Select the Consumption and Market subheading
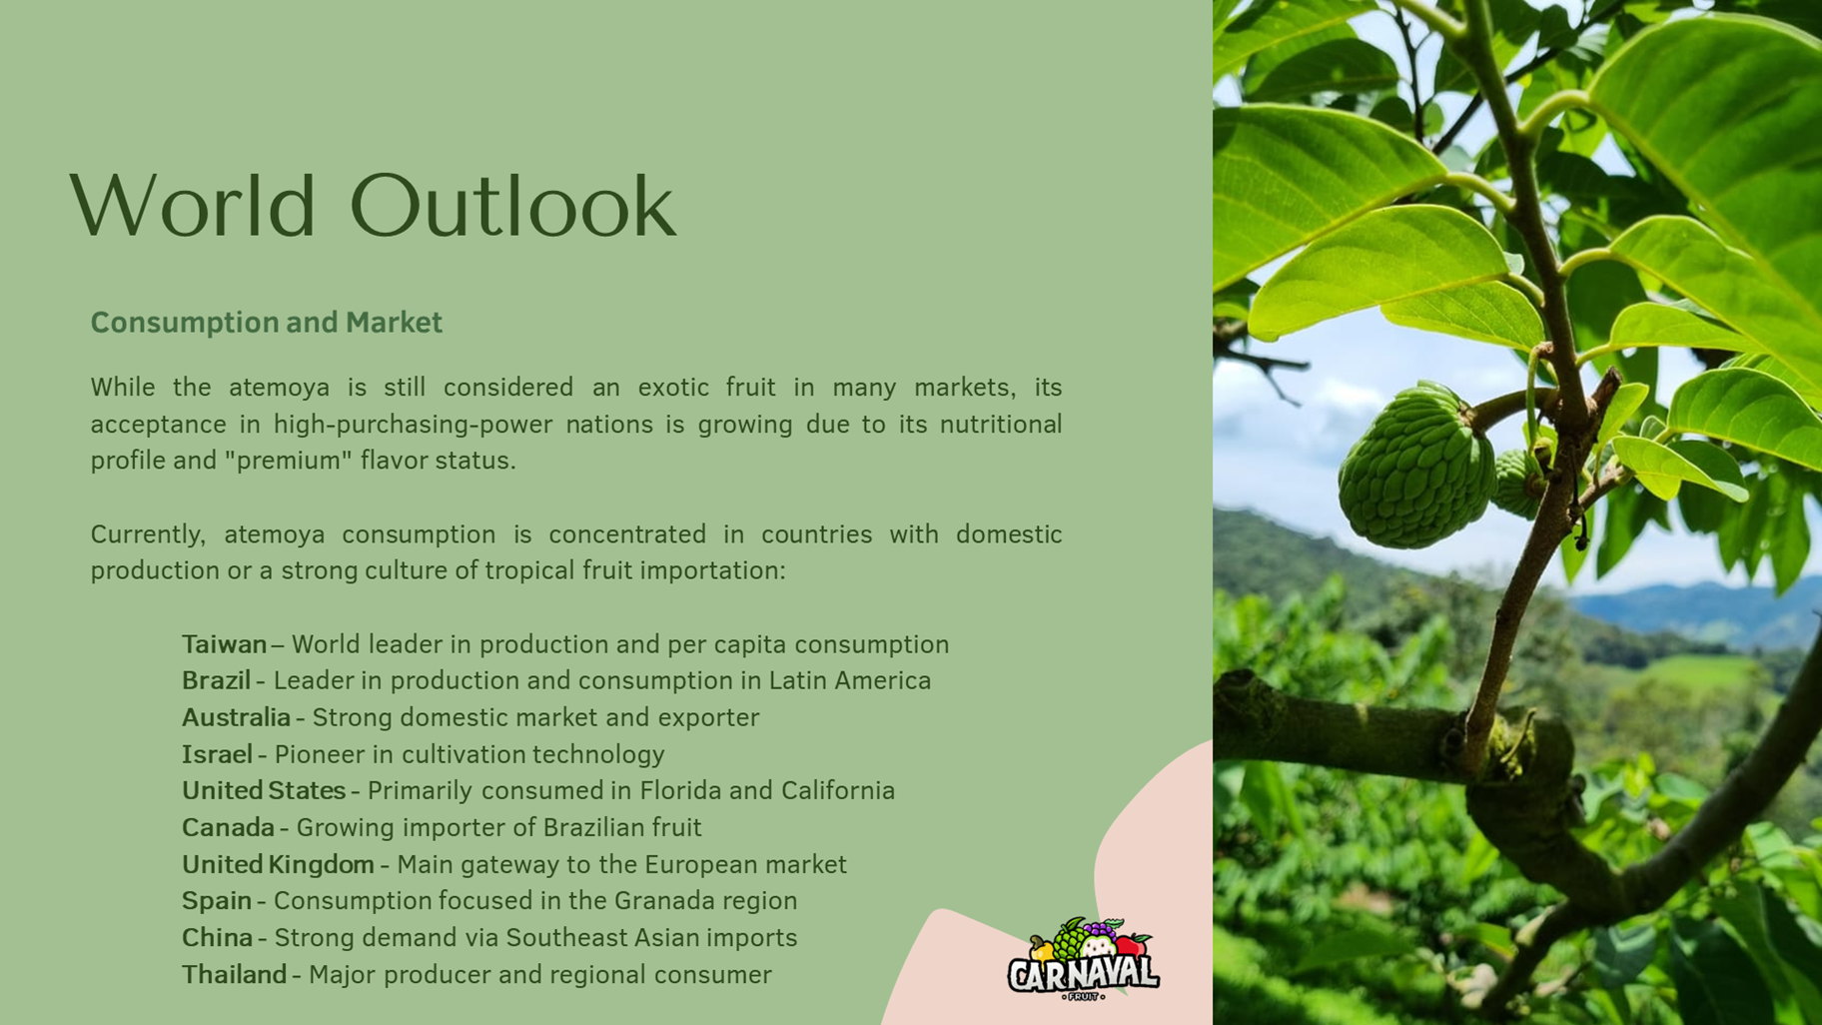coord(266,322)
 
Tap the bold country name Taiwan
coord(224,644)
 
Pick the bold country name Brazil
coord(216,680)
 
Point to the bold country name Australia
coord(236,717)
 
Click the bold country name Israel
coord(217,754)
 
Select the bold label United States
coord(264,790)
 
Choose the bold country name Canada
coord(228,827)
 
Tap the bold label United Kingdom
coord(278,864)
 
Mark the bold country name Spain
coord(217,901)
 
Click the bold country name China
coord(217,937)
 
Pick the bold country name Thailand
coord(234,974)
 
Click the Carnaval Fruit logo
coord(1084,960)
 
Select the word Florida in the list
coord(680,790)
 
